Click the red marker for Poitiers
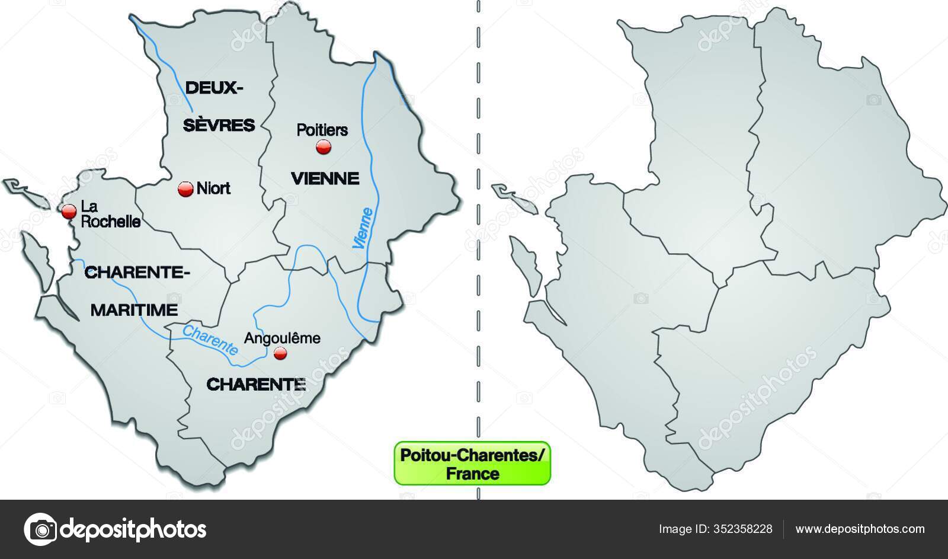(323, 147)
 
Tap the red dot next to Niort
(185, 189)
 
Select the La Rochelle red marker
(69, 210)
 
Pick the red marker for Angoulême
(280, 354)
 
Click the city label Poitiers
(322, 129)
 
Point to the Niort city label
(213, 189)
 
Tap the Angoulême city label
(282, 338)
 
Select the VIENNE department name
(325, 178)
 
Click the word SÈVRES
(218, 125)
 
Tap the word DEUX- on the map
(214, 88)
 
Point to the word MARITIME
(134, 309)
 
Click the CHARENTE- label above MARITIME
(137, 272)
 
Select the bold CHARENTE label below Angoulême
(256, 384)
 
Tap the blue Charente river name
(210, 340)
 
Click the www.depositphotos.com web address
(860, 529)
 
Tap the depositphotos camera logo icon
(40, 529)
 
